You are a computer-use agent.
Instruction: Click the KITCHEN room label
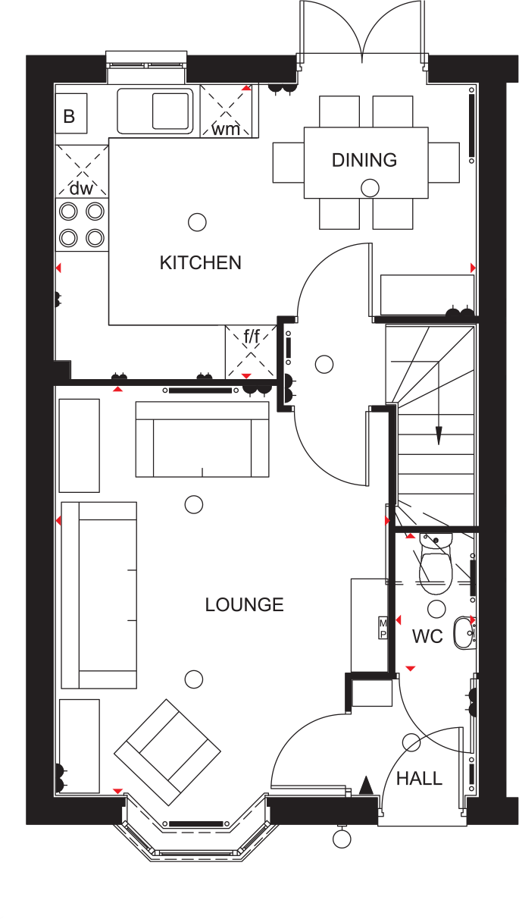[x=200, y=262]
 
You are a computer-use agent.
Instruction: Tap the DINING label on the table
[x=364, y=160]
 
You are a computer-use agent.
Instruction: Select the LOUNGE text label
[x=244, y=604]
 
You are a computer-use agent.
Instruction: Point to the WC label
[x=427, y=636]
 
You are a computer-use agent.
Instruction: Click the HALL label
[x=419, y=779]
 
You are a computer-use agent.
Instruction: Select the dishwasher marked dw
[x=81, y=171]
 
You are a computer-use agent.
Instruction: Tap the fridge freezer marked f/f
[x=251, y=351]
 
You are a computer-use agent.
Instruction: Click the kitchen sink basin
[x=171, y=111]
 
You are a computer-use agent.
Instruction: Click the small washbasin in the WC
[x=463, y=633]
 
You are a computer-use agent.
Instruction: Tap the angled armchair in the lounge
[x=167, y=751]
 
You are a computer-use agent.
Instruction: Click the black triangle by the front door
[x=367, y=785]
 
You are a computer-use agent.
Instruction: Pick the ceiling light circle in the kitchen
[x=197, y=221]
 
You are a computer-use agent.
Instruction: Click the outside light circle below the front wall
[x=342, y=839]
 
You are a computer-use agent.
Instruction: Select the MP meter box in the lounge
[x=383, y=628]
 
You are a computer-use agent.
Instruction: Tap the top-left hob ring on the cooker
[x=68, y=211]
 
